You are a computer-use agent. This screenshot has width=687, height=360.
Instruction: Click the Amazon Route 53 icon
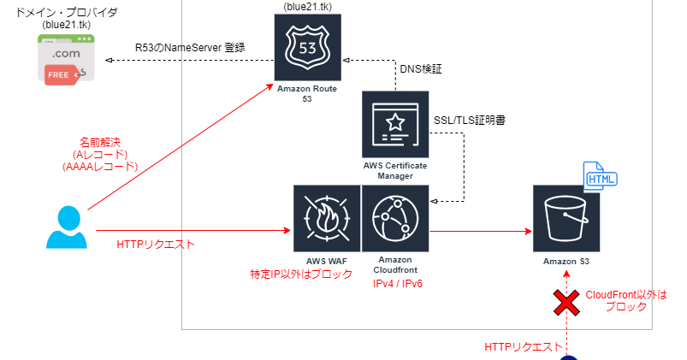coord(307,48)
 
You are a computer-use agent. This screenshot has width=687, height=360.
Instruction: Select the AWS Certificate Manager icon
coord(395,123)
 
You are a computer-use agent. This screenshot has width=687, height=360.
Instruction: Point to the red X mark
coord(565,301)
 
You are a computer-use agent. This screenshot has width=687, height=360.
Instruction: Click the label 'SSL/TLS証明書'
coord(471,120)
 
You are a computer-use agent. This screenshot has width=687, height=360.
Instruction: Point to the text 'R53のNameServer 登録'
coord(191,48)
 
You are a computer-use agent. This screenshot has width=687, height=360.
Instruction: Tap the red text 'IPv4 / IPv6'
coord(395,283)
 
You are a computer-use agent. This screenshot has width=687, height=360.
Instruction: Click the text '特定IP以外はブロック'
coord(301,274)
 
